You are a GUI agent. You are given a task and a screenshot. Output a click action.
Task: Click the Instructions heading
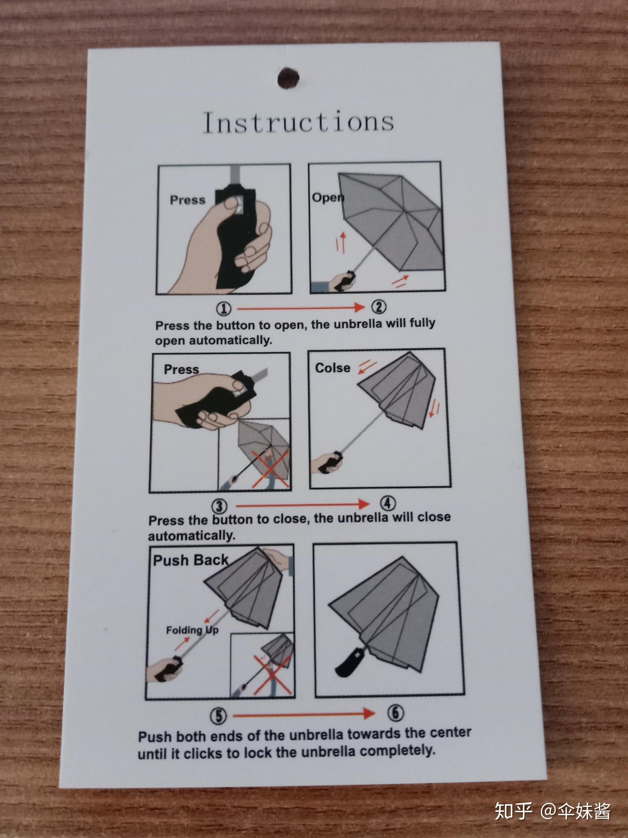click(x=298, y=122)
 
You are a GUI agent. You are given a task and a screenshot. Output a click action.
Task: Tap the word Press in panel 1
click(x=188, y=200)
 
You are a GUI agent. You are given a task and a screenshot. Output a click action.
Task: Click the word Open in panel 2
click(x=328, y=198)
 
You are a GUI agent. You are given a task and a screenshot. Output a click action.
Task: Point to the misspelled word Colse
click(x=333, y=368)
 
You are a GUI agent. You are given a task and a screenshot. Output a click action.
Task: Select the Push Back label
click(x=191, y=560)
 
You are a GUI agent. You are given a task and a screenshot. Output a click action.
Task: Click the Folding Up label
click(x=192, y=630)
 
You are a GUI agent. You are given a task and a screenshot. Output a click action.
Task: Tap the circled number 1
click(x=224, y=309)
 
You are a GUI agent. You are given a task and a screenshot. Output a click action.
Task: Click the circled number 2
click(x=379, y=307)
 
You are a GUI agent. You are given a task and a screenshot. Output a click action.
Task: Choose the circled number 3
click(x=220, y=507)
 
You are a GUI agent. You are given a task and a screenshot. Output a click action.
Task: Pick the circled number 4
click(x=388, y=504)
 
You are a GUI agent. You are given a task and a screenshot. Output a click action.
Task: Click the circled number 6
click(x=396, y=713)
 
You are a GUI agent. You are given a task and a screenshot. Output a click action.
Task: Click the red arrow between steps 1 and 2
click(x=301, y=308)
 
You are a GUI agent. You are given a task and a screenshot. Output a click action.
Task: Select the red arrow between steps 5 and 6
click(x=304, y=714)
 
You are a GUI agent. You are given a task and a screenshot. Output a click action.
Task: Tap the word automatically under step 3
click(x=192, y=536)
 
